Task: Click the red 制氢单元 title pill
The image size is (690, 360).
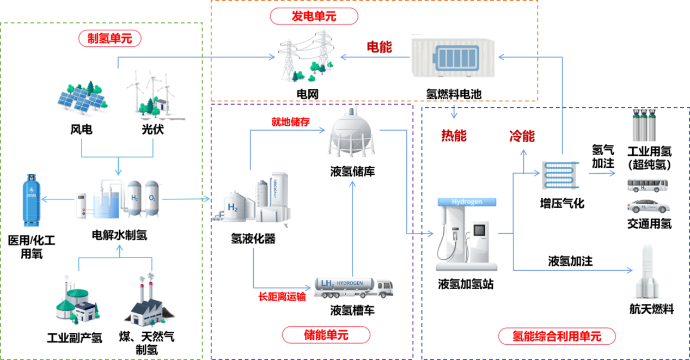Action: click(x=110, y=39)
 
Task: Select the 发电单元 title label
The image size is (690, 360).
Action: click(x=314, y=16)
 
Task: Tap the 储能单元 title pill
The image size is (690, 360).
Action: click(x=326, y=335)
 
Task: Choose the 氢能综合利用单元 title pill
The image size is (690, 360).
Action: click(x=557, y=336)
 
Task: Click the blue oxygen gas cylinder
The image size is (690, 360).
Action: click(x=32, y=200)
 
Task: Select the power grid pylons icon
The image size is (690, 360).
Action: click(x=306, y=56)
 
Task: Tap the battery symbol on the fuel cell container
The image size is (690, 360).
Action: click(x=456, y=58)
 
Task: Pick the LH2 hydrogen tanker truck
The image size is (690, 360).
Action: click(x=353, y=288)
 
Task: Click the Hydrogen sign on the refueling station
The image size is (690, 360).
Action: click(x=467, y=202)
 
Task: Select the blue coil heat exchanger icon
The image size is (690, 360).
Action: click(x=560, y=175)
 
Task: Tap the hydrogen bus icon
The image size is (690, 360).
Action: click(x=648, y=185)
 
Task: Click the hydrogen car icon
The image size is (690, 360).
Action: click(x=649, y=206)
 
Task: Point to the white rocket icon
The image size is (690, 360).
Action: click(x=648, y=272)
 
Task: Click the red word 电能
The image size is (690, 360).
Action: click(x=379, y=47)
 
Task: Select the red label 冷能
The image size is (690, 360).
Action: click(x=522, y=136)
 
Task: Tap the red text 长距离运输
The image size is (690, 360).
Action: click(x=282, y=297)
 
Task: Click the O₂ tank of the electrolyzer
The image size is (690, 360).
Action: click(x=152, y=198)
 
